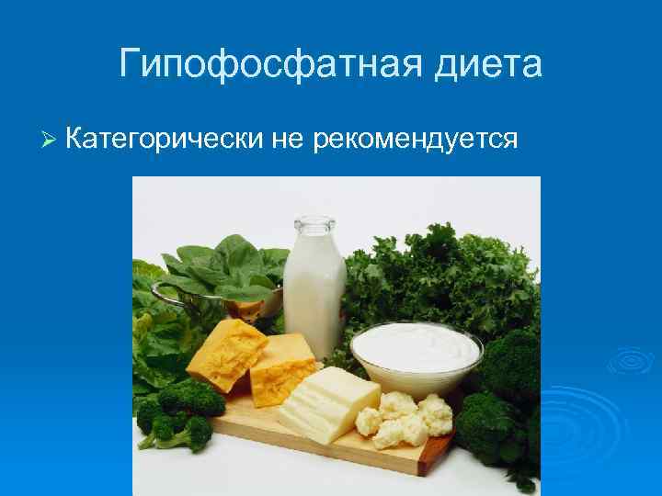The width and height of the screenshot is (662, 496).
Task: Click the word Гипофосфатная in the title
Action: [x=252, y=65]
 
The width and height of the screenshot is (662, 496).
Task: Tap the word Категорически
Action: [x=165, y=140]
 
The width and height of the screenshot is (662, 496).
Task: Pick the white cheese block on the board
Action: [x=327, y=405]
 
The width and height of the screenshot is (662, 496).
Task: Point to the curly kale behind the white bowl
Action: [x=432, y=276]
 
